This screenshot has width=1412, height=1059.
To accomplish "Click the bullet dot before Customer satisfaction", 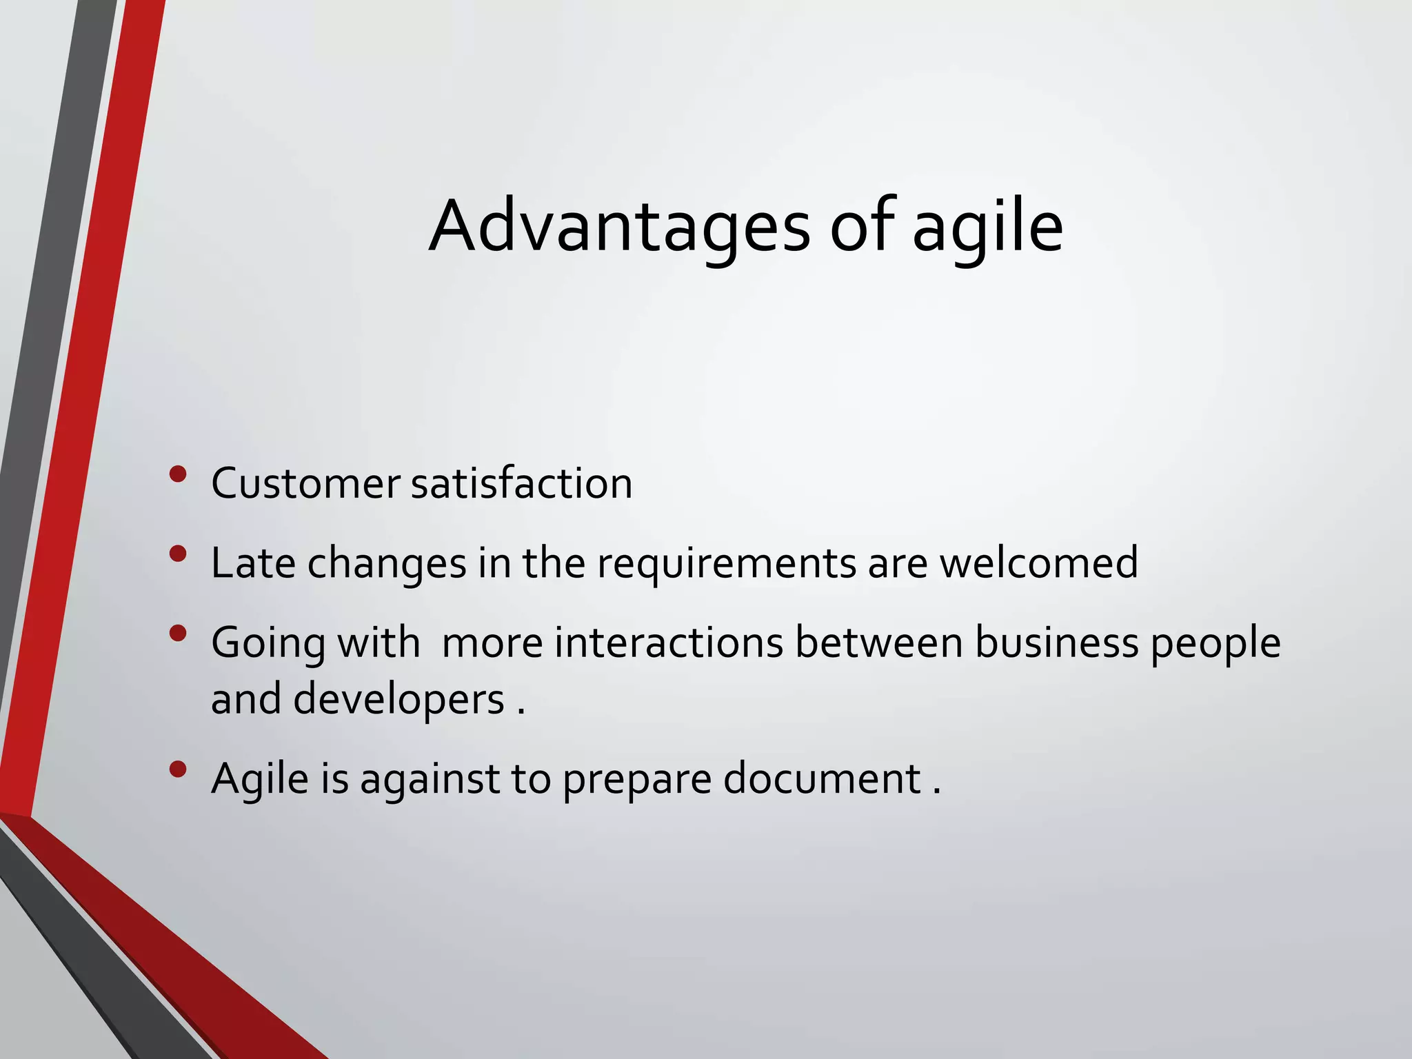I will click(178, 474).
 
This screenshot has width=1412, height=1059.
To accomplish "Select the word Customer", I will click(305, 483).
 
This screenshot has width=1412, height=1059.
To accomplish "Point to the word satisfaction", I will click(521, 483).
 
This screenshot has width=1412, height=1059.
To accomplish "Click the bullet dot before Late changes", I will click(178, 554).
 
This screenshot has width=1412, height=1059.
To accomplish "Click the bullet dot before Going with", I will click(178, 634).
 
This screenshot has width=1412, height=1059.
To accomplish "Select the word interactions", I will click(669, 643).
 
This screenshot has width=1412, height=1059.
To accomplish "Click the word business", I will click(1057, 643).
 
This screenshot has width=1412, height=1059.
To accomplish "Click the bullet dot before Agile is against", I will click(178, 769).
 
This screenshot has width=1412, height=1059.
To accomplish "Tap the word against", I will click(430, 780).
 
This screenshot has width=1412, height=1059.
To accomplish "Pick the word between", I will click(878, 643).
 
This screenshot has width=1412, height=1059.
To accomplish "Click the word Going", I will click(268, 644).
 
